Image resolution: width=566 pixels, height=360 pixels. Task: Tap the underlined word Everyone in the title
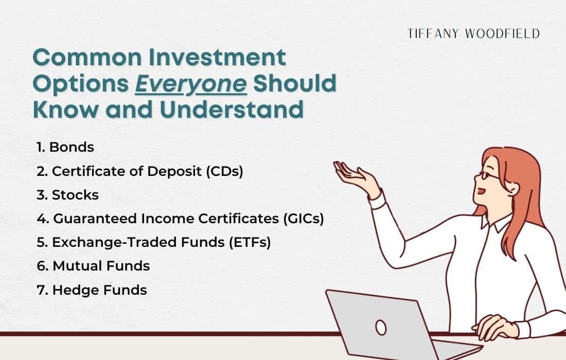click(191, 84)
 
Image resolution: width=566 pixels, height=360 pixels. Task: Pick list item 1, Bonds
click(65, 147)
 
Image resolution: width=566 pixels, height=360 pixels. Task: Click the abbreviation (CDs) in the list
click(224, 171)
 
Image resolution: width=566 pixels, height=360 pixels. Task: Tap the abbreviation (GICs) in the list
click(303, 219)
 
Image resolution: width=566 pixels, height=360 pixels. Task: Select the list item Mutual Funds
click(93, 266)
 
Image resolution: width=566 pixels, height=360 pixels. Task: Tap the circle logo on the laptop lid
click(381, 327)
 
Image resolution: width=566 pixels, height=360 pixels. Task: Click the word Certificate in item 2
click(82, 171)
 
